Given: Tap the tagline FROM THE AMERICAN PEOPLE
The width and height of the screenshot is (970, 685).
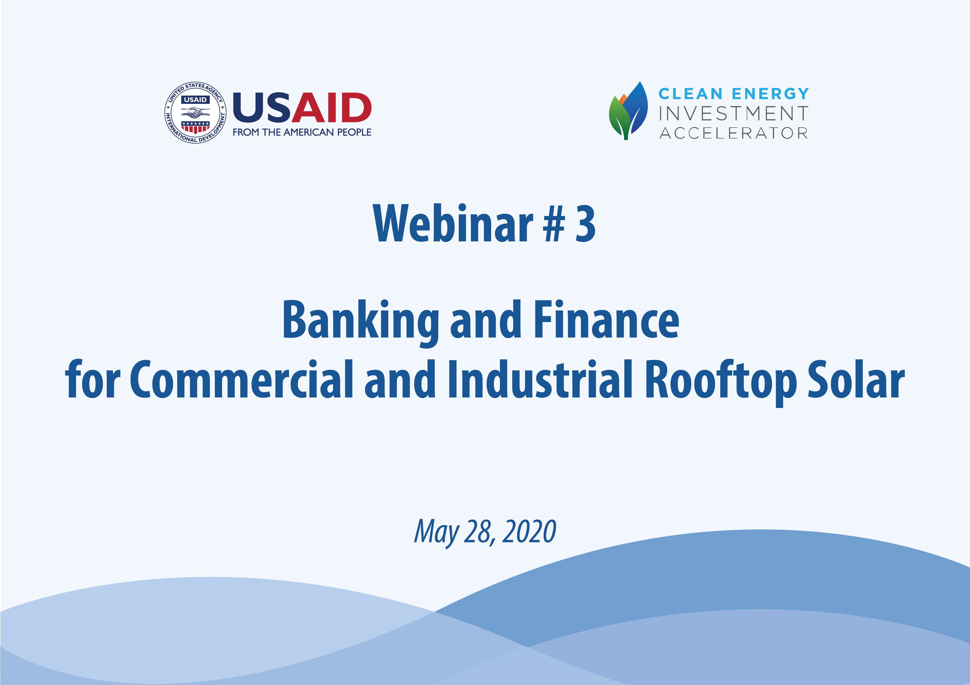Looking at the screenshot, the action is click(302, 132).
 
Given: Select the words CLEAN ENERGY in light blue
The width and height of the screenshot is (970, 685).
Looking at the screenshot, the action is click(733, 94).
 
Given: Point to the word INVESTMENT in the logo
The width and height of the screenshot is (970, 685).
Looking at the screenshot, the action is click(733, 114).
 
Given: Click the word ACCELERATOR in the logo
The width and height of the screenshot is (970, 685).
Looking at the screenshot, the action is click(733, 133).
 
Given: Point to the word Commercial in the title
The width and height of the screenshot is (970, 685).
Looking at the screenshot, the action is click(241, 379).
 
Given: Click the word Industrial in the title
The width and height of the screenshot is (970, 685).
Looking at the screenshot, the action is click(541, 379).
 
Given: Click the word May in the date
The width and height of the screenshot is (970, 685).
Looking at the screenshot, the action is click(436, 533).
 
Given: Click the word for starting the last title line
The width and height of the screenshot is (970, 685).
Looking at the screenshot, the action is click(93, 379).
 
